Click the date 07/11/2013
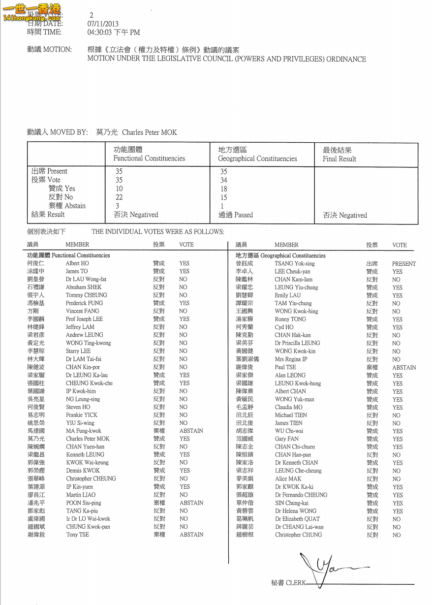(103, 24)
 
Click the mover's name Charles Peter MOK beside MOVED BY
(149, 132)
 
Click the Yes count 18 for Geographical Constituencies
(224, 189)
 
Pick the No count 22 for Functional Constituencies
(119, 197)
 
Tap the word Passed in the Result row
(244, 215)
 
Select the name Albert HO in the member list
(77, 263)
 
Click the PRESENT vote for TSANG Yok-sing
(403, 264)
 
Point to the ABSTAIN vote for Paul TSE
(403, 367)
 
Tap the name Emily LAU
(288, 295)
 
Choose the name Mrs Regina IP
(291, 359)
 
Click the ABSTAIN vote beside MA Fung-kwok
(191, 431)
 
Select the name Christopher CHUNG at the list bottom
(298, 535)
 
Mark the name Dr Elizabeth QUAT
(297, 519)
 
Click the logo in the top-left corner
(31, 12)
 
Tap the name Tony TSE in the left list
(78, 535)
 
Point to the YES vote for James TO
(184, 271)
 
